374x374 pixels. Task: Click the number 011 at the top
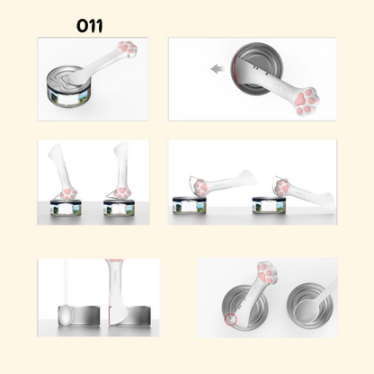[x=90, y=26]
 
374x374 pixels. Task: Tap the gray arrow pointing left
[x=218, y=69]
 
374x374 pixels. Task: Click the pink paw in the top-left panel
[x=129, y=48]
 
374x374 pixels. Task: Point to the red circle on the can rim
[x=231, y=319]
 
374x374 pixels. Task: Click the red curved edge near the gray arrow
[x=236, y=72]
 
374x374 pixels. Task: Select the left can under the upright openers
[x=67, y=208]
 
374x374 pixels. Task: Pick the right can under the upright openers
[x=120, y=208]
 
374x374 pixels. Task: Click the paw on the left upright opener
[x=68, y=193]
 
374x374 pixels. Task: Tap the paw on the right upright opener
[x=122, y=192]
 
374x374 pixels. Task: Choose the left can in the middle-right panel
[x=190, y=205]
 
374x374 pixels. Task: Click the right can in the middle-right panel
[x=269, y=205]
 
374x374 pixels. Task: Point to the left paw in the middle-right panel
[x=201, y=188]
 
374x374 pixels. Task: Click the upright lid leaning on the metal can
[x=66, y=316]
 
